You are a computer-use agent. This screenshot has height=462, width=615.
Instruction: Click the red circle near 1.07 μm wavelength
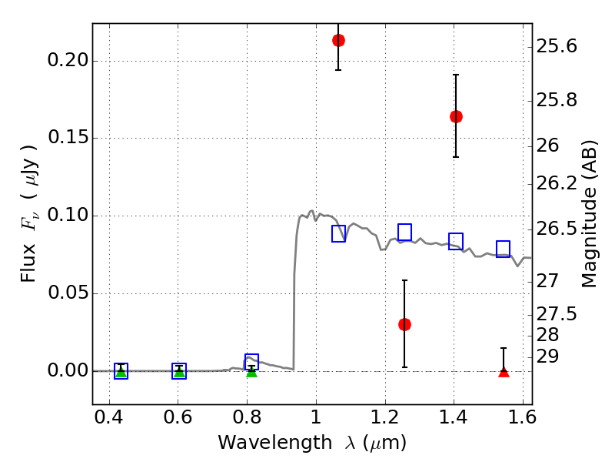pyautogui.click(x=338, y=41)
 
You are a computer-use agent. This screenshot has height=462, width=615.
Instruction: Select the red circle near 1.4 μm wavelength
pyautogui.click(x=456, y=117)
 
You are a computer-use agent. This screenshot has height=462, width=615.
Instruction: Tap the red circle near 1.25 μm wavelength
pyautogui.click(x=404, y=324)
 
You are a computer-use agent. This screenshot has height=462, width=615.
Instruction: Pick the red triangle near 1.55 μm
pyautogui.click(x=504, y=372)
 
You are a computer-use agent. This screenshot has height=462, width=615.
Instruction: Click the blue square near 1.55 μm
pyautogui.click(x=503, y=249)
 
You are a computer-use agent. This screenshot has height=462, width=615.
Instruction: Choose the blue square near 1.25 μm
pyautogui.click(x=404, y=233)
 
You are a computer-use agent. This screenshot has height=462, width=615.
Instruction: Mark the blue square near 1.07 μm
pyautogui.click(x=338, y=234)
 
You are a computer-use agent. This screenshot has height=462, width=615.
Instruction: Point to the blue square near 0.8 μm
pyautogui.click(x=251, y=361)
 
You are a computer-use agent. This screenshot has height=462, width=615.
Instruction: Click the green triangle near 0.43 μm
pyautogui.click(x=121, y=372)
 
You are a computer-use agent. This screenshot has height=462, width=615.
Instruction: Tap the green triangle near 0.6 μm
pyautogui.click(x=179, y=372)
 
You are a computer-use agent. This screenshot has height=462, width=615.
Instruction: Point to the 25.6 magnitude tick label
pyautogui.click(x=557, y=46)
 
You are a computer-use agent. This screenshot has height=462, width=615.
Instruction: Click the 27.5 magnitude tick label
pyautogui.click(x=557, y=314)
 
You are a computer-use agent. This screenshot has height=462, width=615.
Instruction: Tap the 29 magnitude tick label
pyautogui.click(x=547, y=357)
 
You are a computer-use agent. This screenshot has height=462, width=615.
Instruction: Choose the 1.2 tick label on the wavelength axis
pyautogui.click(x=385, y=417)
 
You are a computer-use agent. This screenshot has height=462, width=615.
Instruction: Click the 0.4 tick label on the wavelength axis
pyautogui.click(x=109, y=417)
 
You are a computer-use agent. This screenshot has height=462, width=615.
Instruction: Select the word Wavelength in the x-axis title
pyautogui.click(x=275, y=443)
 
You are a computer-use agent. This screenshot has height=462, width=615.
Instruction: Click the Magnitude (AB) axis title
pyautogui.click(x=589, y=214)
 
